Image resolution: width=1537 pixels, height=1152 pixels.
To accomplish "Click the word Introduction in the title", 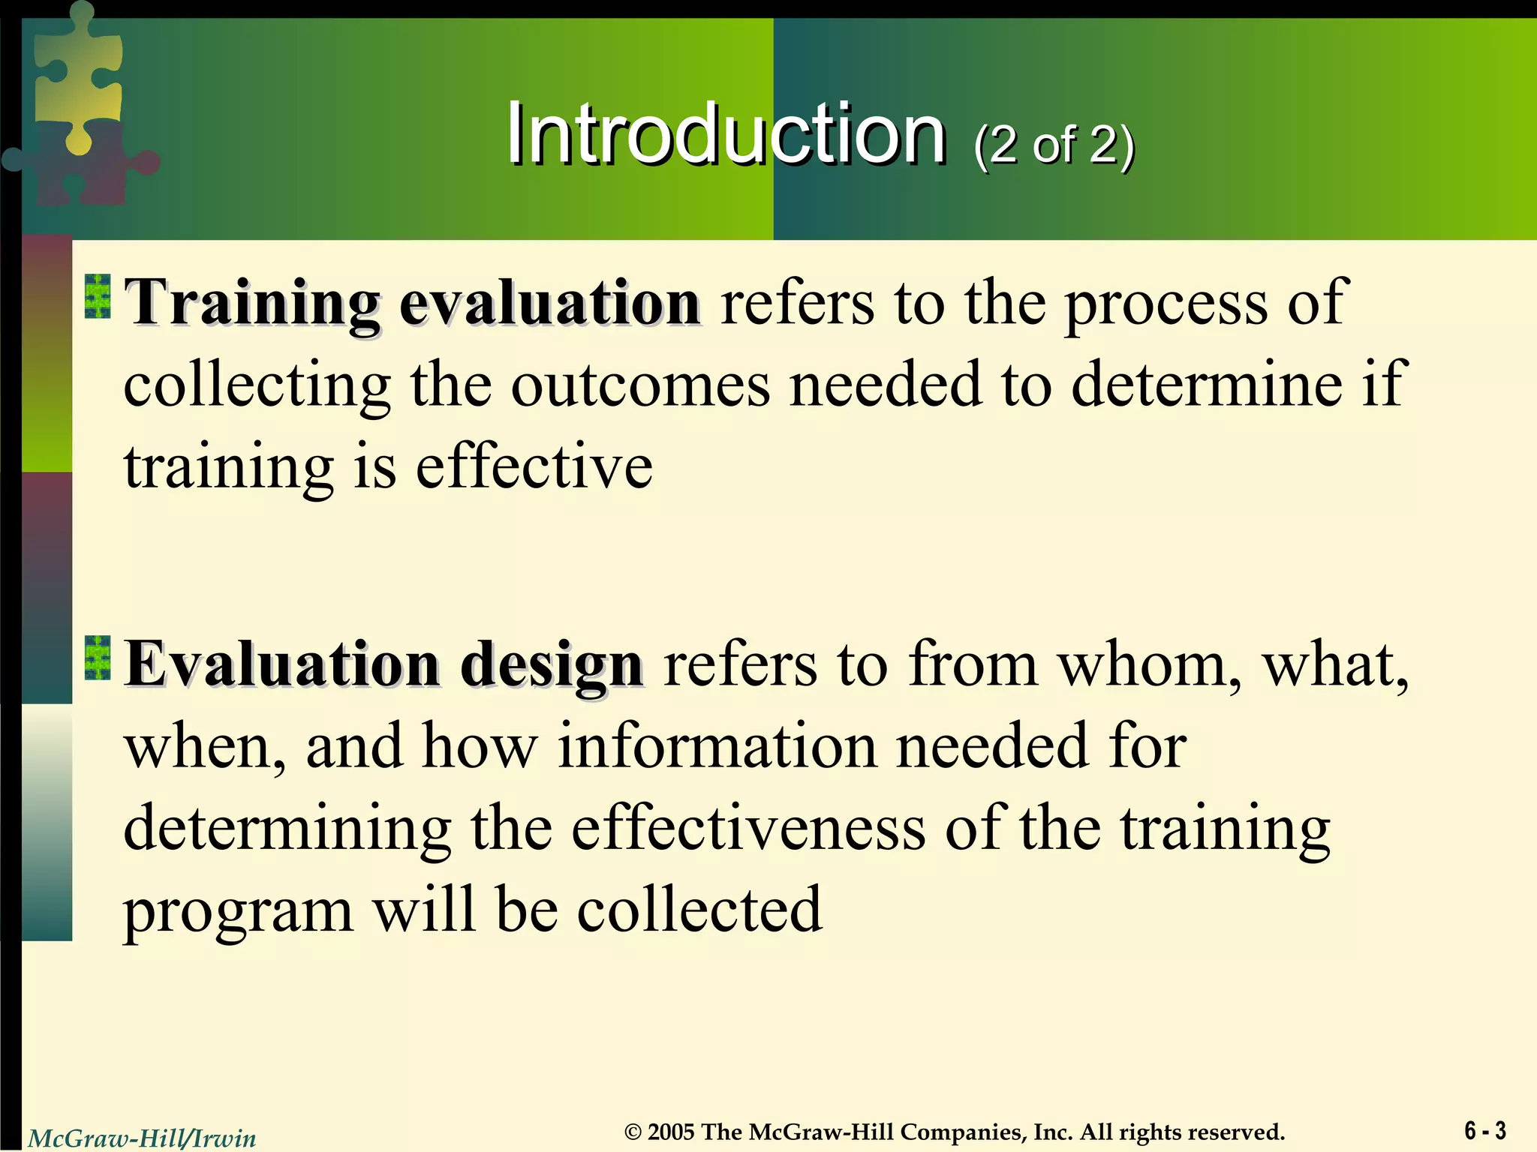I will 725,135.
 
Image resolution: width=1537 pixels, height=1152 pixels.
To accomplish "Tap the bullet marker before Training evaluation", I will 98,296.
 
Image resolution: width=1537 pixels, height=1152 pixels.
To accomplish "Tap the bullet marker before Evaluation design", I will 98,658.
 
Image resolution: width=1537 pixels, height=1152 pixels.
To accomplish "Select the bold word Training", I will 253,304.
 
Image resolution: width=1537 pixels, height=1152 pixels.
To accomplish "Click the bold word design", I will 551,666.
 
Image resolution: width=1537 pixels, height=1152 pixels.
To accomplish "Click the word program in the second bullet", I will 238,913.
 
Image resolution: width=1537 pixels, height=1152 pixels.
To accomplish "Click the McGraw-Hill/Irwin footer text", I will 142,1138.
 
